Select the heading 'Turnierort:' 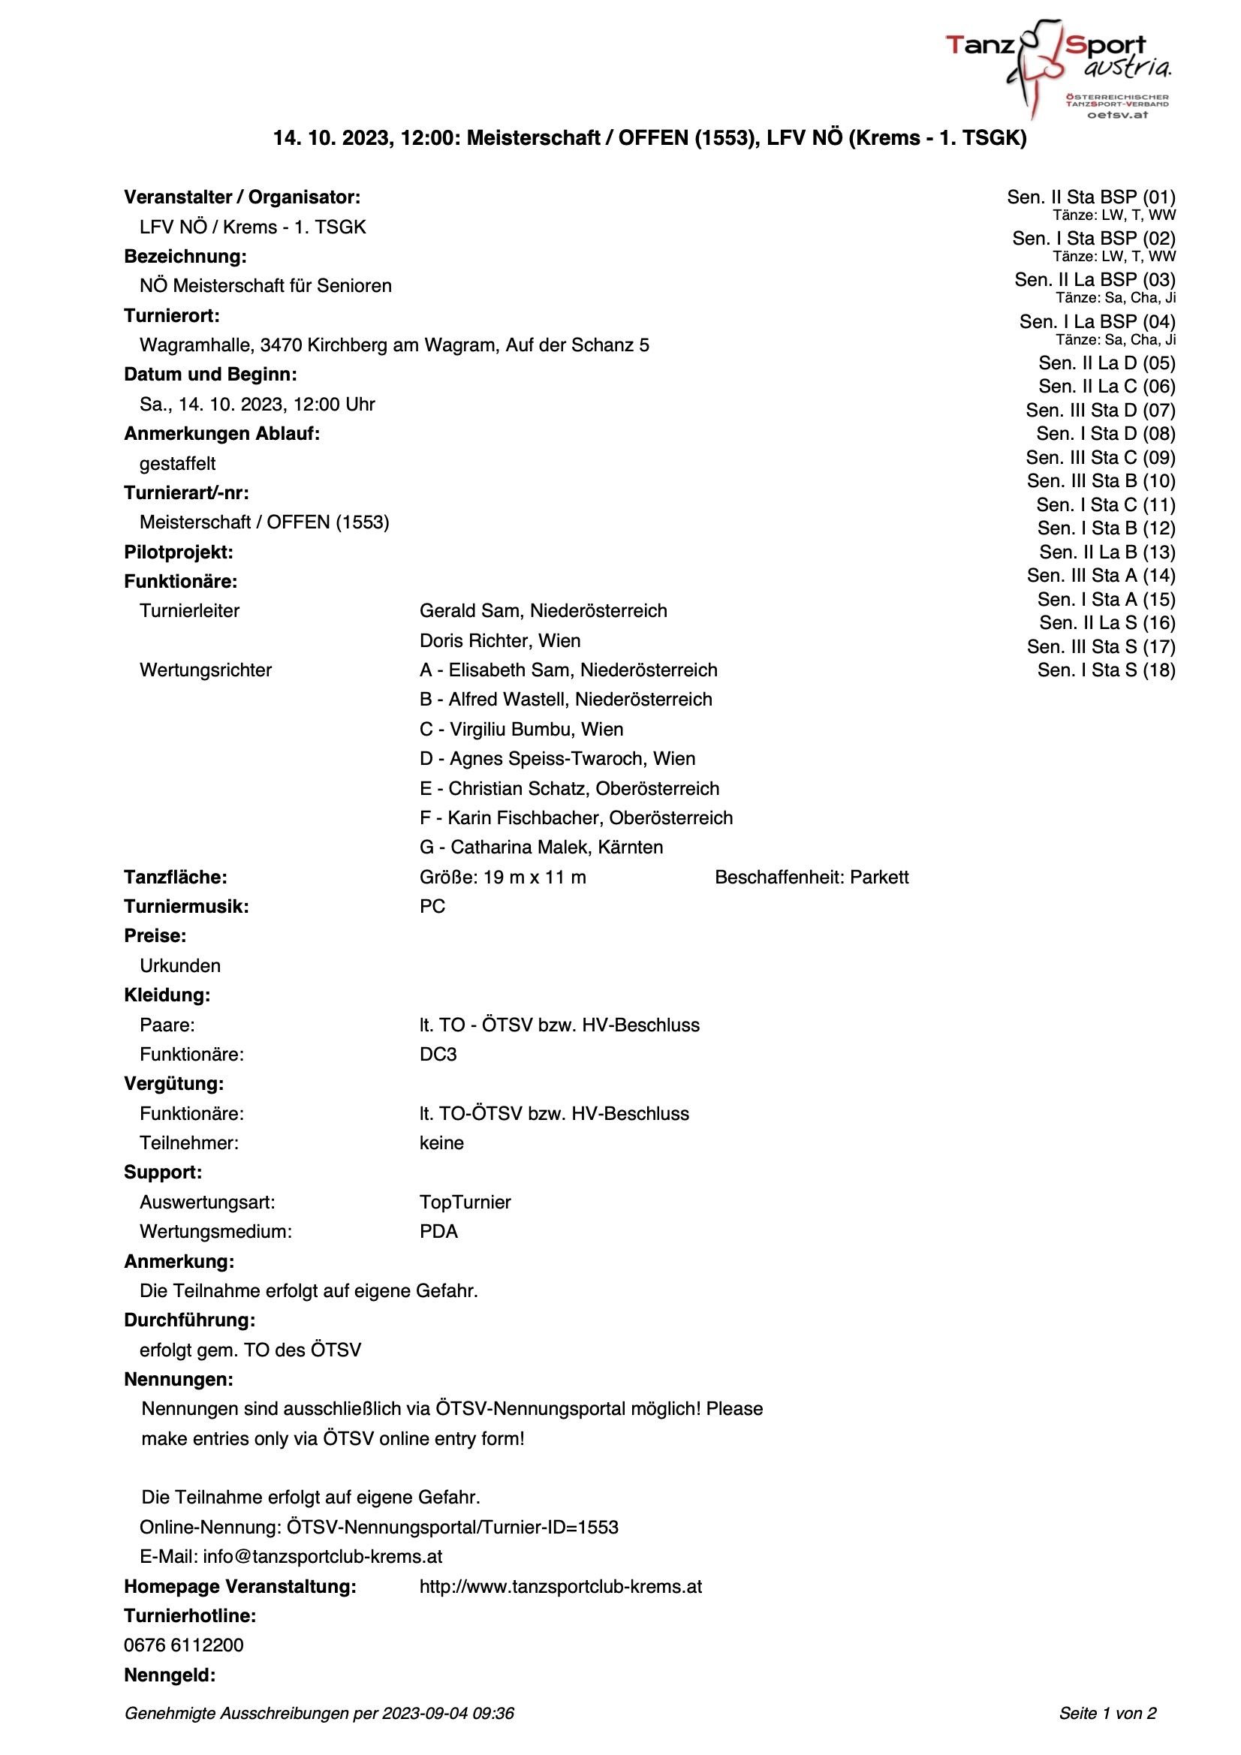click(x=171, y=316)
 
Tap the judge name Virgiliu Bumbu click(x=535, y=729)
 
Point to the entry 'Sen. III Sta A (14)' click(x=1101, y=576)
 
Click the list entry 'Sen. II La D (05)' click(x=1107, y=363)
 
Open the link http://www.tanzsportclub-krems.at click(x=561, y=1586)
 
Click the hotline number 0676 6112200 click(x=183, y=1645)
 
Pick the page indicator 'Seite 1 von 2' click(x=1107, y=1713)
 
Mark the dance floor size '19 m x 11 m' click(x=535, y=877)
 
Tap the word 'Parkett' click(x=879, y=877)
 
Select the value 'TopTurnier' click(x=465, y=1202)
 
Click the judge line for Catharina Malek click(x=541, y=847)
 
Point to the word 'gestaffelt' click(x=177, y=464)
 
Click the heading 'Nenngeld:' click(x=170, y=1675)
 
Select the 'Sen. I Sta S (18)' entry click(x=1106, y=670)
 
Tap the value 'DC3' click(x=438, y=1054)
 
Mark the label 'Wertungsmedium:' click(x=215, y=1231)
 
